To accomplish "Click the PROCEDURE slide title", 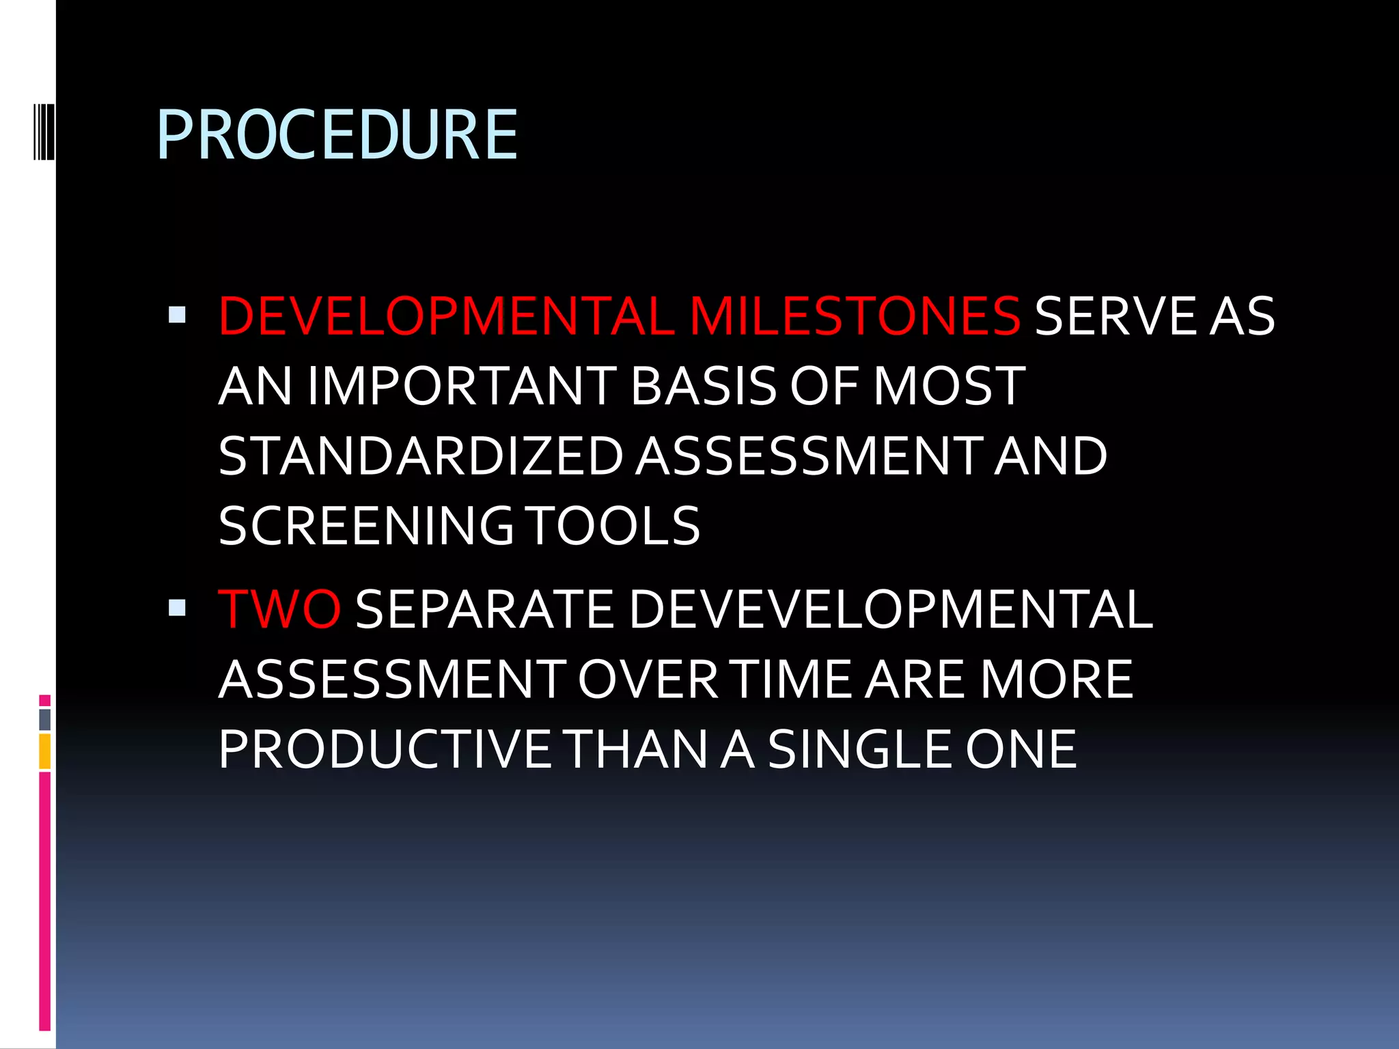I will tap(337, 135).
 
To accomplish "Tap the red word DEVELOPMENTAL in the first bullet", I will tap(447, 316).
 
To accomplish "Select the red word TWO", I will tap(279, 609).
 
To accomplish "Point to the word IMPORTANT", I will tap(462, 387).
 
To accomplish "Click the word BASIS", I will tap(704, 387).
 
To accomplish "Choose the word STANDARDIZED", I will tap(421, 456).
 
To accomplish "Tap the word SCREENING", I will tap(366, 526).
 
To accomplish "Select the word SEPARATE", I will tap(484, 609).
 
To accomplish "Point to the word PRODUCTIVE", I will tap(384, 749).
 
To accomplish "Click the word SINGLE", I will tap(859, 749).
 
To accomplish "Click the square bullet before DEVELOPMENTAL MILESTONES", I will tap(177, 315).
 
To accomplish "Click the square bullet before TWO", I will tap(177, 608).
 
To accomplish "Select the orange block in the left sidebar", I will tap(44, 751).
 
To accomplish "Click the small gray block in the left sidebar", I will tap(44, 720).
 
